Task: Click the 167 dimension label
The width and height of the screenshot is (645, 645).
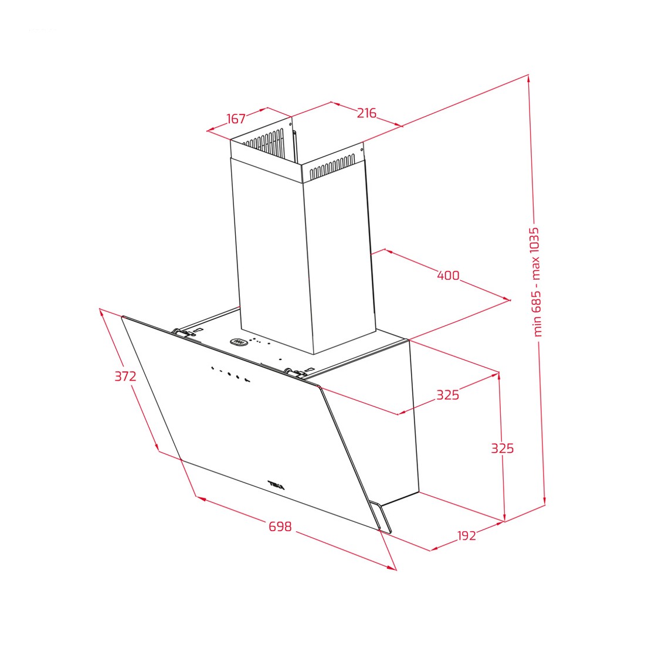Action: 236,118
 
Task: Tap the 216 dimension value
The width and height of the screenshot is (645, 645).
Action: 366,113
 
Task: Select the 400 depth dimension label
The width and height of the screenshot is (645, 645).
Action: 448,275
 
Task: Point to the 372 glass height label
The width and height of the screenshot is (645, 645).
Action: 125,376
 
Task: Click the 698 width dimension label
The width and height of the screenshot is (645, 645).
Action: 280,526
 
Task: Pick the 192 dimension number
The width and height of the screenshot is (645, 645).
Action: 467,535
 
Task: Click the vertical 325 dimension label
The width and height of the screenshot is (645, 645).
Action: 503,448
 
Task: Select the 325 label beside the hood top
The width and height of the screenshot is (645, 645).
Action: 447,395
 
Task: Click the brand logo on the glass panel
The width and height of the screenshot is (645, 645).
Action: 276,485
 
